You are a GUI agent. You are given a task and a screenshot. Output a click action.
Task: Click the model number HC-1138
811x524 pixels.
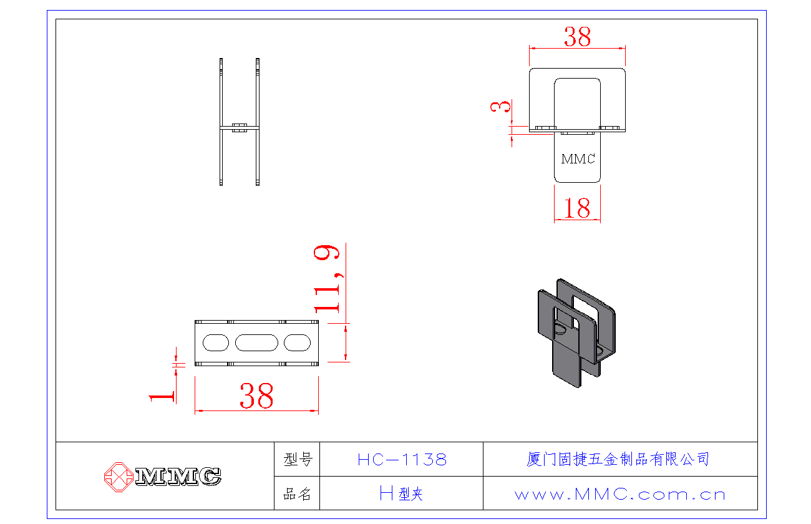402,460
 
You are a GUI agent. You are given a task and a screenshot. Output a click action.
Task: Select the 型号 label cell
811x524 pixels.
297,460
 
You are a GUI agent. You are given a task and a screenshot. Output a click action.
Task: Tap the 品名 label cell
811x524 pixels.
297,494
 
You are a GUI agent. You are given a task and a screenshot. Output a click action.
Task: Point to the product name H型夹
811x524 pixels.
402,494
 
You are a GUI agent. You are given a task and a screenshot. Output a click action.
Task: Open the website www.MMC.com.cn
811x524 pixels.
620,495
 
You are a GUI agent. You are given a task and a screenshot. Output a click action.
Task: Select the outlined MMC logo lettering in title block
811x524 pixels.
178,477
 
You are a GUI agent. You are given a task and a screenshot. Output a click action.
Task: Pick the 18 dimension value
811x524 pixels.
576,208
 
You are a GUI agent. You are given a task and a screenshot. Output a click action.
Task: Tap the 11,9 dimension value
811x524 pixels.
328,278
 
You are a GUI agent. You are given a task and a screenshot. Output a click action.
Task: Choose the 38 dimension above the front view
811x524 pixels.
577,37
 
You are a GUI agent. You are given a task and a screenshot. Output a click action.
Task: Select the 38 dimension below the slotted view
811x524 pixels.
256,396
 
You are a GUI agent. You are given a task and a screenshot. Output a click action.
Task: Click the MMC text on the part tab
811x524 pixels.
578,158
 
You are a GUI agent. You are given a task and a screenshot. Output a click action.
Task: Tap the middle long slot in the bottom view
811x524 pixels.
256,342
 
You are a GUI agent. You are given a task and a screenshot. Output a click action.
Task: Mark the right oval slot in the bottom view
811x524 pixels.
297,342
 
